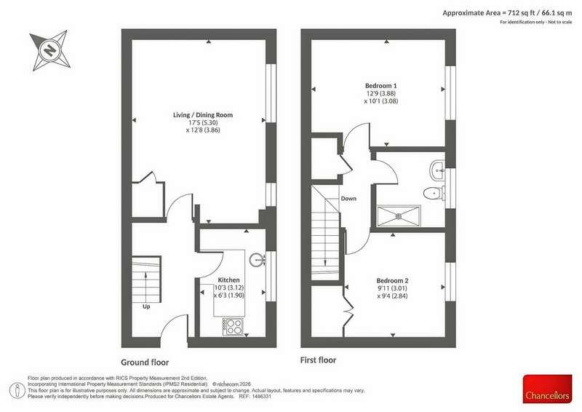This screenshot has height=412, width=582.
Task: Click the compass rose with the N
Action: pyautogui.click(x=50, y=49)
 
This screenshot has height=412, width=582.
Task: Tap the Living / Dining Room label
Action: pyautogui.click(x=203, y=115)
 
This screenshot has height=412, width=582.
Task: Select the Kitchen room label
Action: pyautogui.click(x=228, y=280)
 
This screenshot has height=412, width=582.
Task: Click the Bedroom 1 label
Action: pyautogui.click(x=380, y=85)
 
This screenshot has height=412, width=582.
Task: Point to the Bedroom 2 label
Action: pyautogui.click(x=392, y=280)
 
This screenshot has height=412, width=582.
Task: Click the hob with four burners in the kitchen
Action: pyautogui.click(x=233, y=327)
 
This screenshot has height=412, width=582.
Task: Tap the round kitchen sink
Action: pyautogui.click(x=257, y=260)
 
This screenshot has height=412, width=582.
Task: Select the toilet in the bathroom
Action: pyautogui.click(x=433, y=193)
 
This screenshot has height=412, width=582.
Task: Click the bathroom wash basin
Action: pyautogui.click(x=438, y=171)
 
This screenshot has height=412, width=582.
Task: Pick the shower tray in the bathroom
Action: pyautogui.click(x=399, y=215)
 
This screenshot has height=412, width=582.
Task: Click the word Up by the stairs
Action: pyautogui.click(x=147, y=307)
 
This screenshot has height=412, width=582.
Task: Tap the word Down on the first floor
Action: pyautogui.click(x=348, y=199)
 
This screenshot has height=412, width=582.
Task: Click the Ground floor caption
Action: pyautogui.click(x=145, y=363)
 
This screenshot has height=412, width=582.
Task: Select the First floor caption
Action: pyautogui.click(x=318, y=360)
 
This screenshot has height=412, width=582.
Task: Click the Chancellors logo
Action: pyautogui.click(x=548, y=389)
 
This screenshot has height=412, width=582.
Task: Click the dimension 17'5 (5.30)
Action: pyautogui.click(x=203, y=122)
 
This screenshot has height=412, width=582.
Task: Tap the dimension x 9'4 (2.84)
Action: pyautogui.click(x=392, y=296)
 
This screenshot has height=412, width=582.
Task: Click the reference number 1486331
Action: pyautogui.click(x=262, y=397)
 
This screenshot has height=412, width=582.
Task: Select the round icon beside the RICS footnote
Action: pyautogui.click(x=17, y=390)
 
